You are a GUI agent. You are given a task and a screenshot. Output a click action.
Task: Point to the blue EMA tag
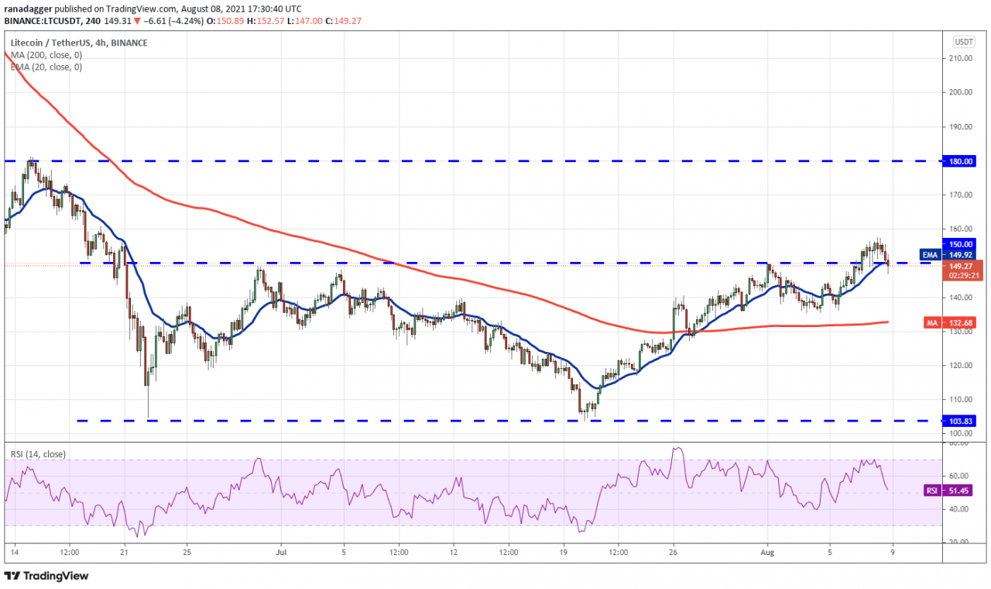(x=930, y=253)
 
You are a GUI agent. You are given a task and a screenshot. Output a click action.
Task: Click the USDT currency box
(x=963, y=42)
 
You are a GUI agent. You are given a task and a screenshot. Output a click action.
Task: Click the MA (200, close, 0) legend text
(x=46, y=55)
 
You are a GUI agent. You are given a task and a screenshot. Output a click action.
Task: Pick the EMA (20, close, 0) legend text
(x=46, y=67)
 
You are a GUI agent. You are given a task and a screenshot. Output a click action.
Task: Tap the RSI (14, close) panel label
(x=38, y=454)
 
